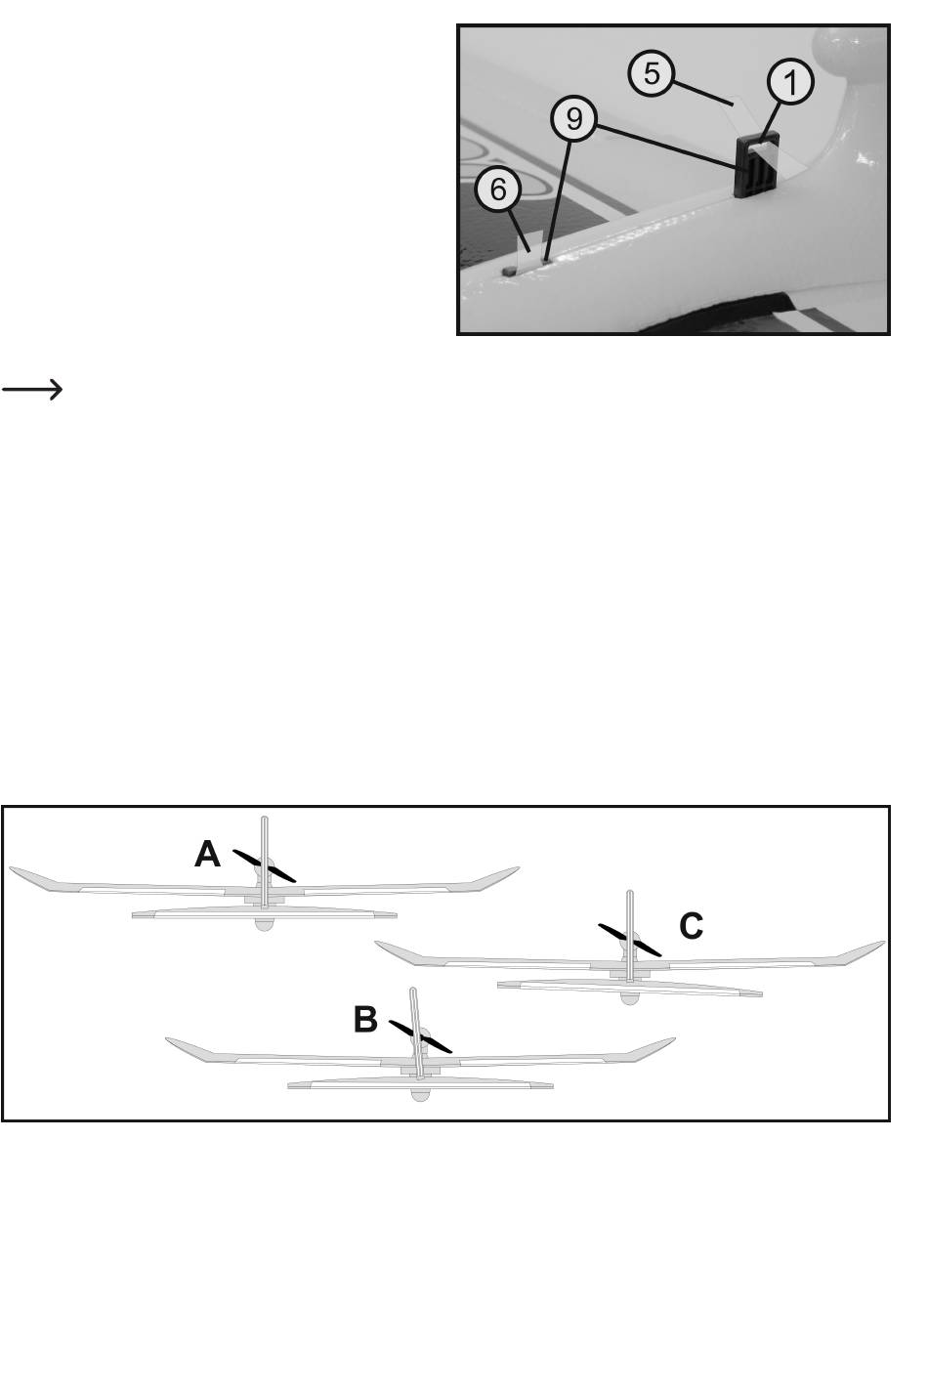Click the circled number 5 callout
[650, 73]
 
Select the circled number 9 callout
[573, 119]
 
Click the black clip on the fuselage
[757, 166]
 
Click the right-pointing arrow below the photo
[32, 390]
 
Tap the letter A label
[207, 855]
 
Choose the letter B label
[365, 1021]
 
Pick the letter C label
[691, 925]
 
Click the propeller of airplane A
[265, 866]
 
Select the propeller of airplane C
[630, 940]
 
